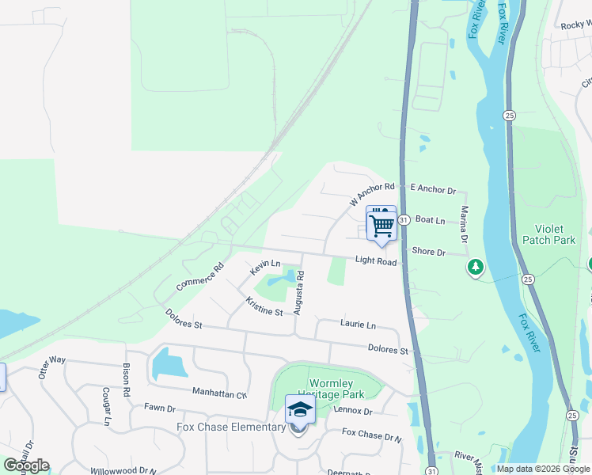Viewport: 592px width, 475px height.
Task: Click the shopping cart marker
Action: pyautogui.click(x=381, y=225)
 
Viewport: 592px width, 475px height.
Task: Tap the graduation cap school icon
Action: pyautogui.click(x=300, y=410)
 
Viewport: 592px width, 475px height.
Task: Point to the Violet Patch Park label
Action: pyautogui.click(x=548, y=234)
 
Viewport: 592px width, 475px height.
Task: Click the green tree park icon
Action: pyautogui.click(x=475, y=268)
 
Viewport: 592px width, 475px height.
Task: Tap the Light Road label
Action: pyautogui.click(x=375, y=260)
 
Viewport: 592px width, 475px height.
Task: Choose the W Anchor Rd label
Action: pyautogui.click(x=371, y=194)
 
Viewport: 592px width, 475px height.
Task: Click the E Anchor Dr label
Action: pyautogui.click(x=434, y=190)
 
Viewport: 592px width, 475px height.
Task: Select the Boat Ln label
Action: pyautogui.click(x=431, y=220)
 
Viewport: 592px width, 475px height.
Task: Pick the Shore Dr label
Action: pyautogui.click(x=429, y=251)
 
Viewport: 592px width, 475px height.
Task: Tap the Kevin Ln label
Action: pyautogui.click(x=265, y=268)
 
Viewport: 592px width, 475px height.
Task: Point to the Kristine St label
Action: pyautogui.click(x=264, y=306)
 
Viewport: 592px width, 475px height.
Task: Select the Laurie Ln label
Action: pyautogui.click(x=358, y=325)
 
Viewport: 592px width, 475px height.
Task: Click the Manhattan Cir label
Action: pyautogui.click(x=219, y=392)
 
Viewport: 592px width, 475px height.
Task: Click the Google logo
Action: pyautogui.click(x=26, y=465)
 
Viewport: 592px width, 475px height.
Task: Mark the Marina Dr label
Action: pyautogui.click(x=465, y=225)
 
